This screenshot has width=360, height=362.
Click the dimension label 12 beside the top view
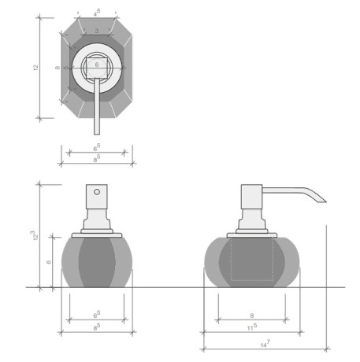pos(35,68)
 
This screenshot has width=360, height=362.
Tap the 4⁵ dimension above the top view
pos(96,13)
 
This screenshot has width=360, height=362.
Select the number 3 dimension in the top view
pos(96,30)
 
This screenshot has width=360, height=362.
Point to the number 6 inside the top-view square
pos(96,64)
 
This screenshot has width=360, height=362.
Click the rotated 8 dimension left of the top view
pos(57,68)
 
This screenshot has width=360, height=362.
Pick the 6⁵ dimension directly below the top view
pos(97,146)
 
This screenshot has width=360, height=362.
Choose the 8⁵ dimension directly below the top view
pos(97,159)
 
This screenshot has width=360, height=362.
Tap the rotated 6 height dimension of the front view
pos(48,262)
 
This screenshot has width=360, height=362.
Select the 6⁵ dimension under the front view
pos(97,315)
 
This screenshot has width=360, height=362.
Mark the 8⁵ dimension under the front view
pos(97,328)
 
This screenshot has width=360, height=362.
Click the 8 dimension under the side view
pos(251,315)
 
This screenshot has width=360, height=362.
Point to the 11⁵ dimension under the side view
pos(251,328)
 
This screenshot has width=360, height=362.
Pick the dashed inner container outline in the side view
pos(251,260)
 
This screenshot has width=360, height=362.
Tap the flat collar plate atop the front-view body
pos(96,234)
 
